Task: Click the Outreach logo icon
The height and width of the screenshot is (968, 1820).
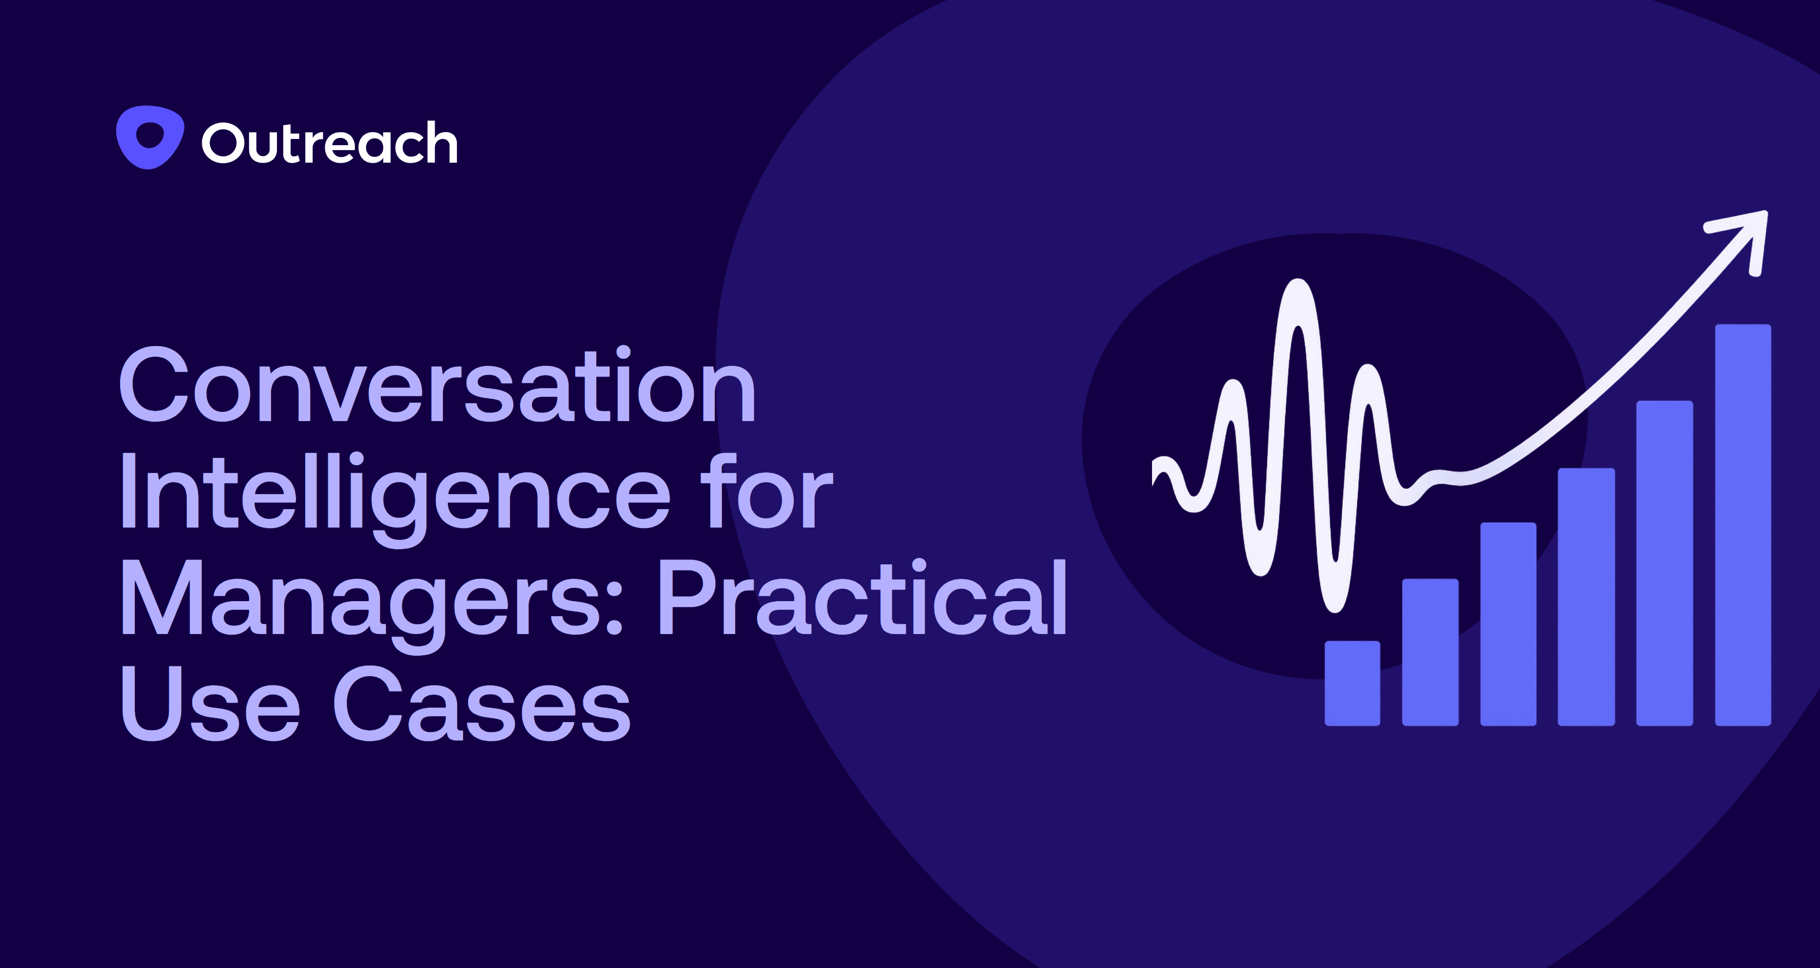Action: [x=150, y=138]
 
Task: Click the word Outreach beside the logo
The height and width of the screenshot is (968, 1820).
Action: [x=330, y=143]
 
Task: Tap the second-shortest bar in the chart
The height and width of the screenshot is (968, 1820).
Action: [x=1430, y=652]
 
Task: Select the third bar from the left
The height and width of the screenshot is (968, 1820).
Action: [x=1508, y=624]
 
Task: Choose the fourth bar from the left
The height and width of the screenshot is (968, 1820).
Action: [x=1586, y=597]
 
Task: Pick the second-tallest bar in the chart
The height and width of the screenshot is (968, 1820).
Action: [x=1665, y=563]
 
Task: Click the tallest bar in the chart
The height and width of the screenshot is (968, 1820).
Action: [x=1743, y=525]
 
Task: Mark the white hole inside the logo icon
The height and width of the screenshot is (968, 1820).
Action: [x=150, y=134]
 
